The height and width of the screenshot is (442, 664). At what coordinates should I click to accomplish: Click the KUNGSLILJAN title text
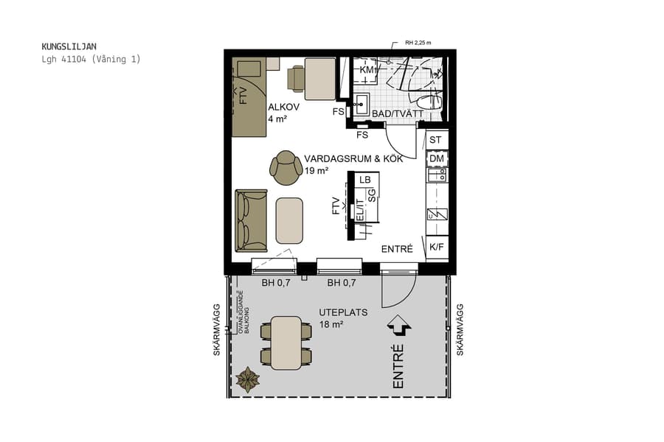pos(69,46)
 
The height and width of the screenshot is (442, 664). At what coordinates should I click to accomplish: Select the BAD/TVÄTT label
pos(397,114)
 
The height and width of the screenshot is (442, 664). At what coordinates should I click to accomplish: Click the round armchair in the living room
pos(285,167)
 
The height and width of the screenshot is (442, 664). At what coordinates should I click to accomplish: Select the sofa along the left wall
pos(251,220)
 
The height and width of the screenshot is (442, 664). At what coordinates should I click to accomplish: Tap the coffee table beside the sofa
pos(290,220)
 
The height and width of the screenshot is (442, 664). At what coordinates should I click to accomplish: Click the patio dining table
pos(286,343)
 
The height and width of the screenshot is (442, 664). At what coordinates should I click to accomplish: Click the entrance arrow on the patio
pos(400,325)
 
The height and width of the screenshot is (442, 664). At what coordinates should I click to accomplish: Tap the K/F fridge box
pos(436,247)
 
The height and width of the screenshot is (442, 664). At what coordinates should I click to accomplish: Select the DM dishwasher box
pos(436,158)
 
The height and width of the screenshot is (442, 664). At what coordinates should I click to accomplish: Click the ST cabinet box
pos(436,140)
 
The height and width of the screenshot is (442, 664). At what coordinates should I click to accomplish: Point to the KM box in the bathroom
pos(367,69)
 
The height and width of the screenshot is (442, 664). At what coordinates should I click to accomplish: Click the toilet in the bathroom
pos(426,101)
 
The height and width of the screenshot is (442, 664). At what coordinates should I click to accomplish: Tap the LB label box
pos(364,180)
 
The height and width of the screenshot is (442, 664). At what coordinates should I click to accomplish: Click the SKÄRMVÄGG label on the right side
pos(460,329)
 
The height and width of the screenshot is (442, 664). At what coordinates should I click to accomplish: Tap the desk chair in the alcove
pos(297,78)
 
